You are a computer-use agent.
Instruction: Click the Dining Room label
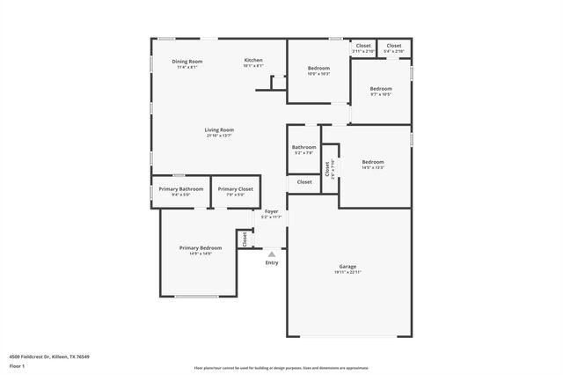click(186, 61)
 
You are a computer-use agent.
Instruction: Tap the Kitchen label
click(253, 60)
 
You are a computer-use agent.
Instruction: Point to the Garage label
click(347, 266)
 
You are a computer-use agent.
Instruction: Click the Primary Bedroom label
click(201, 247)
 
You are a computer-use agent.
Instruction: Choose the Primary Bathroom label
click(181, 189)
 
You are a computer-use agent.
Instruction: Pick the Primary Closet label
click(235, 189)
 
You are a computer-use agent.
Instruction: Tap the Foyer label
click(272, 211)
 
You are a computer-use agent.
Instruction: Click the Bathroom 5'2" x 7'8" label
click(304, 147)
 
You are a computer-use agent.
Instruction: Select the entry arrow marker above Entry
click(272, 254)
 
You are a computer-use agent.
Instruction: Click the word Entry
click(272, 262)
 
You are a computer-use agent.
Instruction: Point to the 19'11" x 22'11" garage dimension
click(347, 272)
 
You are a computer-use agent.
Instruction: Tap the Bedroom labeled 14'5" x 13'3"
click(373, 162)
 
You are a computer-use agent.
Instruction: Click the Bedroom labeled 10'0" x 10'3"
click(318, 69)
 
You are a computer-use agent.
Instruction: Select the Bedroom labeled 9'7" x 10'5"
click(381, 89)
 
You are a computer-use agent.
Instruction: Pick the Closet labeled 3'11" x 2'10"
click(363, 46)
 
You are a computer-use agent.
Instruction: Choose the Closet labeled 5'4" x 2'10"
click(393, 46)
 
